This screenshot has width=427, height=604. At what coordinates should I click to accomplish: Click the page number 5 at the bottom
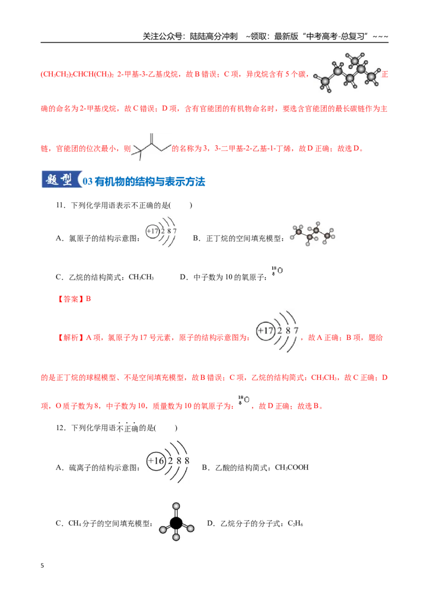(42, 566)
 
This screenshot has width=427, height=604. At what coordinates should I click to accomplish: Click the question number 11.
(61, 205)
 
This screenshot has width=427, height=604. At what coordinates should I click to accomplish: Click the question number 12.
(61, 428)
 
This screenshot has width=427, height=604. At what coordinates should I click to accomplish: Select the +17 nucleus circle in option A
(153, 231)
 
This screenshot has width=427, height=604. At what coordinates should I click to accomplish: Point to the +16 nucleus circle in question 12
(156, 460)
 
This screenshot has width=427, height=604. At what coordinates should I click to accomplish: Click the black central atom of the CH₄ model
(176, 523)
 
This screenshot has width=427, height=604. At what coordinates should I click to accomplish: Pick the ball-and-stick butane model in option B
(313, 233)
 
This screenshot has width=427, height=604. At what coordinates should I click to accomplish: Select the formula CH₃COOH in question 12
(292, 467)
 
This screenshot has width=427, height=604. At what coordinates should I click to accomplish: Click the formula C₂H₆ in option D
(296, 523)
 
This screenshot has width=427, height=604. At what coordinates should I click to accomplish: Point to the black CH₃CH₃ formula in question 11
(141, 277)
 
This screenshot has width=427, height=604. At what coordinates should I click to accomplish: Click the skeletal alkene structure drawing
(152, 147)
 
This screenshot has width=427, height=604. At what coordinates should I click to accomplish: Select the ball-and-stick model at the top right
(347, 73)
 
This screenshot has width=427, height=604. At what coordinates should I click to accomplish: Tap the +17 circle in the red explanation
(266, 331)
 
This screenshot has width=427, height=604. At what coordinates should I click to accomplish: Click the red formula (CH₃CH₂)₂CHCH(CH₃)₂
(77, 74)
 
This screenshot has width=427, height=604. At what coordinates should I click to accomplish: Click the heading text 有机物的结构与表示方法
(149, 181)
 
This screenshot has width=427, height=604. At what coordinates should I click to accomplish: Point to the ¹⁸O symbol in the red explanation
(243, 400)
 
